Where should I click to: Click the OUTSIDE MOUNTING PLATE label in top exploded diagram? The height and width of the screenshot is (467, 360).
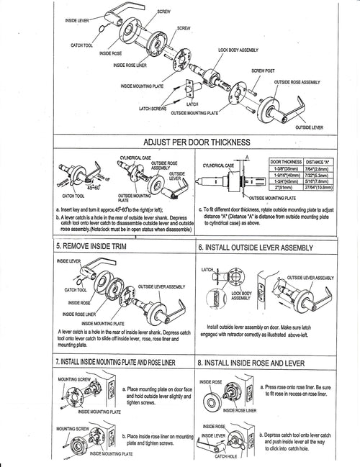point(194,114)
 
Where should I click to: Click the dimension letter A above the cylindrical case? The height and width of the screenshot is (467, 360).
point(247,156)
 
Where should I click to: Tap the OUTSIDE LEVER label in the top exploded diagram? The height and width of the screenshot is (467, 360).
point(310,127)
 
